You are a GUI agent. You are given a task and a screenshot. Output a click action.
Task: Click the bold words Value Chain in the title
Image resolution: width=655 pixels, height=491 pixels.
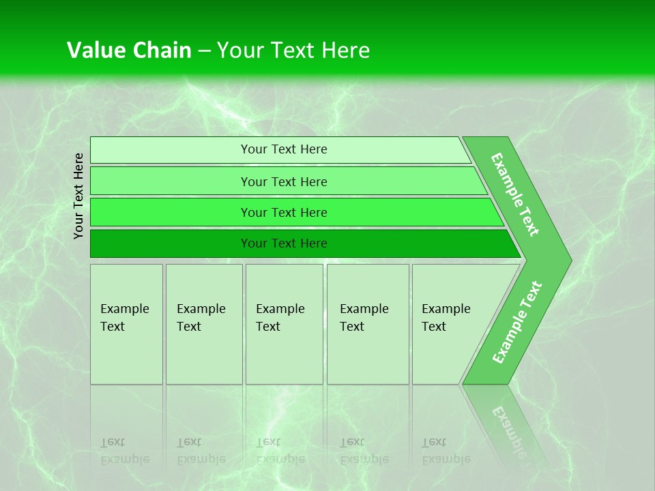click(129, 50)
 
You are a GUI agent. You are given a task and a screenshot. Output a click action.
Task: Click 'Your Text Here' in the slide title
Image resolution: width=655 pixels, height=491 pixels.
click(293, 50)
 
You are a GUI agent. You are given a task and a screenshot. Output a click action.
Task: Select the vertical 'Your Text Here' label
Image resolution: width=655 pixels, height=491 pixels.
click(79, 196)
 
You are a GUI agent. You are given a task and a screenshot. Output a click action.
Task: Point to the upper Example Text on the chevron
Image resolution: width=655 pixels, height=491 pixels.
click(515, 194)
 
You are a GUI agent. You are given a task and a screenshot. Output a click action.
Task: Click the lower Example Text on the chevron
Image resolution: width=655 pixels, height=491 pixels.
click(516, 323)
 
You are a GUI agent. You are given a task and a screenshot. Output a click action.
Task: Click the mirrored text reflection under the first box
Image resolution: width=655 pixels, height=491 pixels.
click(124, 451)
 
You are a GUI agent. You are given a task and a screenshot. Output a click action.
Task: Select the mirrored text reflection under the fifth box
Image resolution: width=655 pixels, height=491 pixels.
click(446, 451)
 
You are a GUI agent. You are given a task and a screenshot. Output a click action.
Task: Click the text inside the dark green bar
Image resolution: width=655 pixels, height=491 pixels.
click(284, 243)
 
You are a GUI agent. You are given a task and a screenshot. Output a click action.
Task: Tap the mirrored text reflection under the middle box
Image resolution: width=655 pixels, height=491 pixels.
click(280, 451)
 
